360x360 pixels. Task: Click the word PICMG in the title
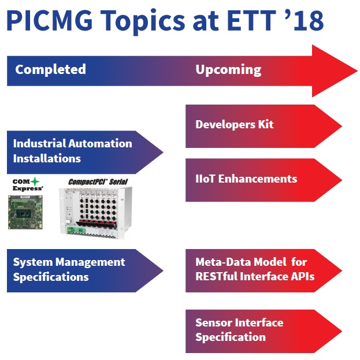(x=49, y=21)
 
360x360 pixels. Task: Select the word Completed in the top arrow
(x=50, y=69)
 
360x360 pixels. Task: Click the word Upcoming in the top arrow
(x=228, y=69)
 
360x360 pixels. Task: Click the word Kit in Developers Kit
(x=266, y=125)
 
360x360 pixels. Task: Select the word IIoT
(x=205, y=179)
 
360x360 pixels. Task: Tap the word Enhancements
(x=258, y=179)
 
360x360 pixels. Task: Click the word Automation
(x=100, y=143)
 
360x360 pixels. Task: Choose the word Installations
(x=47, y=159)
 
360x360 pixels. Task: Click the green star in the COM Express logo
(x=35, y=181)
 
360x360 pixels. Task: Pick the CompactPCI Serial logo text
(x=98, y=182)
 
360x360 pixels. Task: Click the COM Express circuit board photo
(x=25, y=212)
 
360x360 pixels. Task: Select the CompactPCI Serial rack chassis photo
(x=96, y=213)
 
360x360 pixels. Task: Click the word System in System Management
(x=32, y=262)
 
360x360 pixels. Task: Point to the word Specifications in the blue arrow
(x=51, y=277)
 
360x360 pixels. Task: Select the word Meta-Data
(x=223, y=262)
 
